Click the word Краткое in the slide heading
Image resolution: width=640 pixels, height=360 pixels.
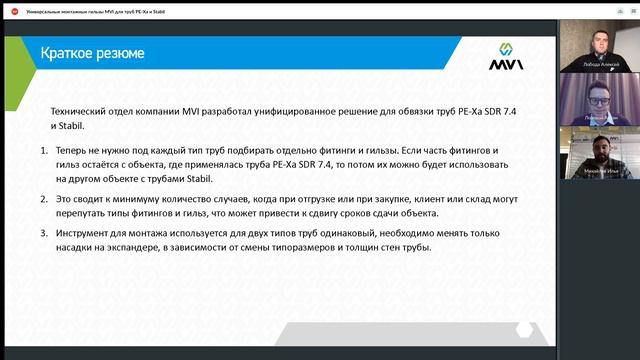click(65, 52)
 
